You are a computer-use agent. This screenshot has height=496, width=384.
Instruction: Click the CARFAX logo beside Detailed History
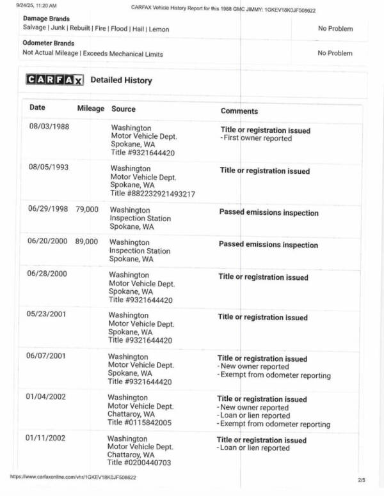tap(54, 80)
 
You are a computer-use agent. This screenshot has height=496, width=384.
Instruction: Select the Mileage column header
tap(90, 109)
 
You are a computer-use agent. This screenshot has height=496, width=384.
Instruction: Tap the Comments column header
tap(239, 111)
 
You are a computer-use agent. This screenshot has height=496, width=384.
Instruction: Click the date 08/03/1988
tap(49, 126)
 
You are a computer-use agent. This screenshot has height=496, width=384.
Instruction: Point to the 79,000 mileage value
tap(87, 209)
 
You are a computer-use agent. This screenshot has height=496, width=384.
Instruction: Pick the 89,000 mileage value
tap(87, 242)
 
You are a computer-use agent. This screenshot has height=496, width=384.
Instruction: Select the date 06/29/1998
tap(47, 209)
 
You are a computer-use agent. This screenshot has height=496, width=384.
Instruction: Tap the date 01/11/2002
tap(45, 439)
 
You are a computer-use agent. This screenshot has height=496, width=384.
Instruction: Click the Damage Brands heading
tap(46, 19)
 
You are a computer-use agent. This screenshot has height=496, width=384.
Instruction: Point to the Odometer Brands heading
tap(49, 43)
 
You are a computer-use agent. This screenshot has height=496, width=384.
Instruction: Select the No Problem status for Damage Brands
tap(335, 29)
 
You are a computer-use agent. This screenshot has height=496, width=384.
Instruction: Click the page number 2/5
tap(362, 479)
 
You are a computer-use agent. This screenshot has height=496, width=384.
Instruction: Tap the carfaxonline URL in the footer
tap(72, 477)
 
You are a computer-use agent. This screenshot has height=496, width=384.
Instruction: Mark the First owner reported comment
tap(257, 138)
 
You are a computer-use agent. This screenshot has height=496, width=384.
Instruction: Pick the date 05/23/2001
tap(46, 314)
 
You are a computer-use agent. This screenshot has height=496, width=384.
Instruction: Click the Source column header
tap(124, 109)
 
